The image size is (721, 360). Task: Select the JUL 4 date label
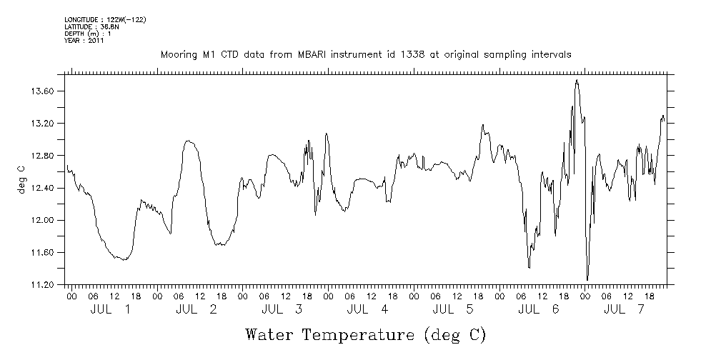pos(367,309)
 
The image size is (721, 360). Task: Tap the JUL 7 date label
pos(625,309)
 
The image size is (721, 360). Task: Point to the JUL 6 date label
pos(539,309)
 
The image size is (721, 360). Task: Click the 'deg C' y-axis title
pos(21,179)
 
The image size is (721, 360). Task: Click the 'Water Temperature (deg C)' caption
pos(365,334)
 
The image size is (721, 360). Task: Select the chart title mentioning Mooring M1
pos(365,54)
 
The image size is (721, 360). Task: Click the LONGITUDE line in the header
pos(105,19)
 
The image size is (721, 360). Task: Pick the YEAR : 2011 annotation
pos(84,41)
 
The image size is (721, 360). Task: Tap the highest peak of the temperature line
pos(577,80)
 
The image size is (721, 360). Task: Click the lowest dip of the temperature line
pos(587,280)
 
